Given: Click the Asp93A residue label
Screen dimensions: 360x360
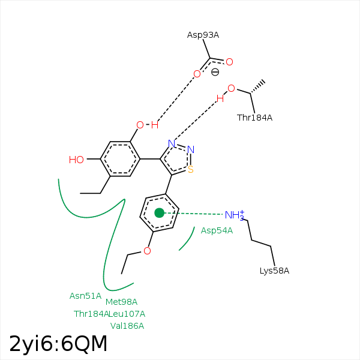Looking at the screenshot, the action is coord(203,35).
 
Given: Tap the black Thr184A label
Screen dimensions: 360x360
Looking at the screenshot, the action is coord(254,118).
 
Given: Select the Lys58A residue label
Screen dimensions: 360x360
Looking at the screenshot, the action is coord(274,271).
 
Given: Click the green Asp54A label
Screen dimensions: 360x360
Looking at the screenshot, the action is coord(217,230).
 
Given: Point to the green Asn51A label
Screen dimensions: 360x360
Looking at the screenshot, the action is coord(85,296).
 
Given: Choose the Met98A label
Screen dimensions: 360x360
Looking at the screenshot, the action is coord(121,302).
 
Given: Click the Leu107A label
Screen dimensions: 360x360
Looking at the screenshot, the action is coord(127,314).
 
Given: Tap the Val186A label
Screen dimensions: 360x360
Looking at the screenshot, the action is coord(127,326).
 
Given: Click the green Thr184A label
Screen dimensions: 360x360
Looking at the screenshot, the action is coord(91,314).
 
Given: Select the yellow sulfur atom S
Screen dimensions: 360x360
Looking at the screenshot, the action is coord(191,170).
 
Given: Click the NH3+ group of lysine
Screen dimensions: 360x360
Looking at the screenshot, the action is coord(235,215).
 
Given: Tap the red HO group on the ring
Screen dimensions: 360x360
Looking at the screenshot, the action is coord(76,160).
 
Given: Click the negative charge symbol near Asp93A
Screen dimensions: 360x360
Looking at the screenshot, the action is coord(215,73).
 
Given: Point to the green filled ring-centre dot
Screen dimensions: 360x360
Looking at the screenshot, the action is coord(160,213).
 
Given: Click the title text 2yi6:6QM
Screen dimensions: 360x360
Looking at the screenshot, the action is coord(58,344).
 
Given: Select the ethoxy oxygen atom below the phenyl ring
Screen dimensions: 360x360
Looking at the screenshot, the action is coord(147,251).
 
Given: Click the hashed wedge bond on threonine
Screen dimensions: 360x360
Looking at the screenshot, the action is coord(257,87).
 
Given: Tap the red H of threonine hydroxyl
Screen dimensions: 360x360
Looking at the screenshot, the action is coord(220,99).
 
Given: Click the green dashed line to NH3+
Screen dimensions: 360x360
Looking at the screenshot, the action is coord(193,214).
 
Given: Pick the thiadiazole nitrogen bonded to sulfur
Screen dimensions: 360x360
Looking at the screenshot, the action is coord(191,149).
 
